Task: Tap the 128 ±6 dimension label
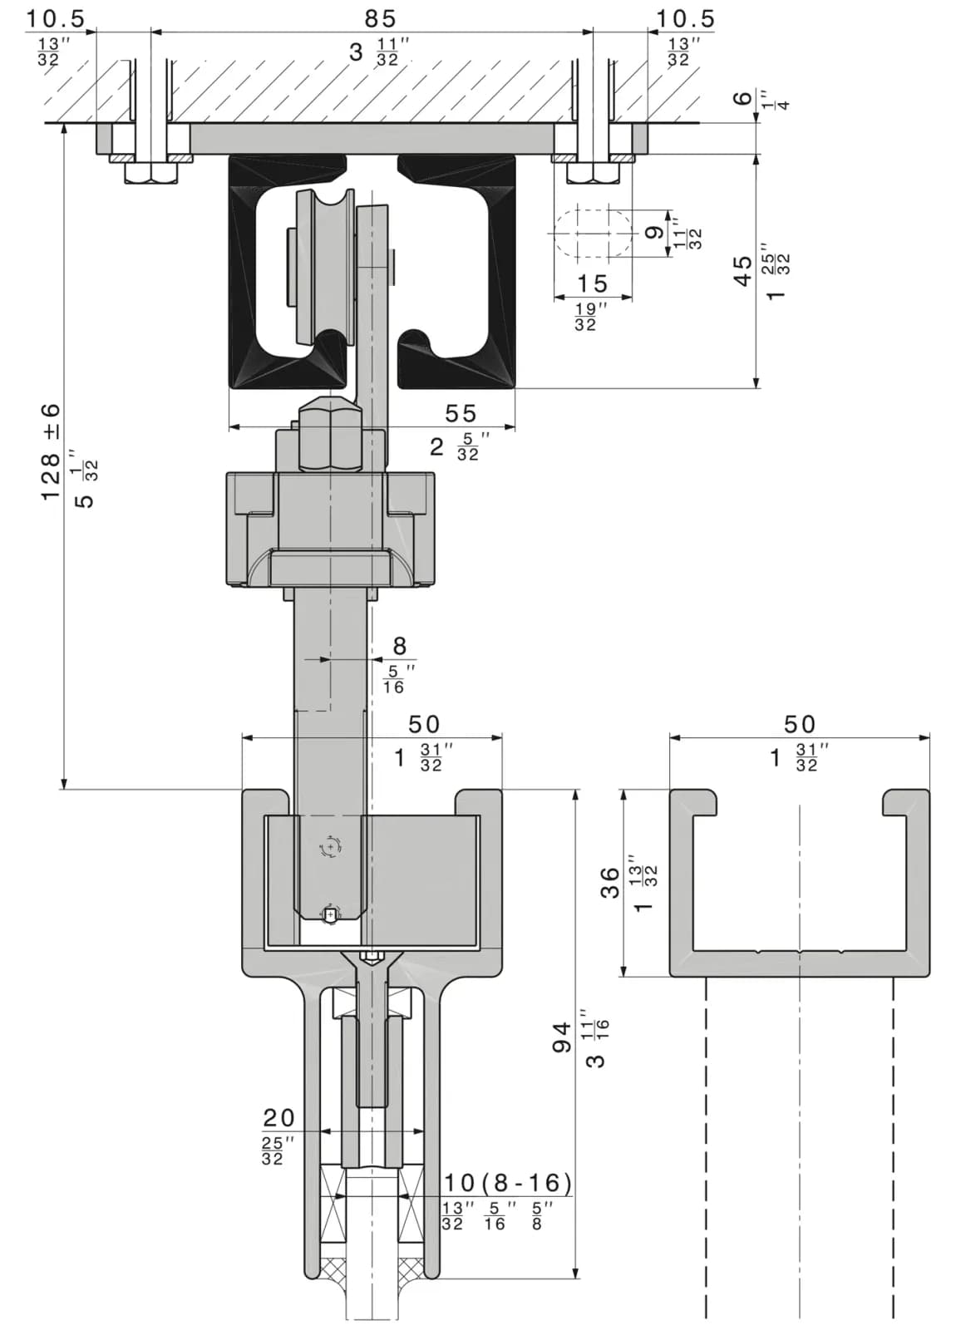coord(51,452)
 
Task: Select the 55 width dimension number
coord(461,413)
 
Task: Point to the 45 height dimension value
coord(742,271)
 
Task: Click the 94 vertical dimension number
coord(562,1037)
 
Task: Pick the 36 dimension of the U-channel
coord(610,882)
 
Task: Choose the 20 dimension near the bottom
coord(278,1118)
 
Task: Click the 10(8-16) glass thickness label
coord(508,1183)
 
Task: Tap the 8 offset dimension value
coord(400,646)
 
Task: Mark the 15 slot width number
coord(592,283)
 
